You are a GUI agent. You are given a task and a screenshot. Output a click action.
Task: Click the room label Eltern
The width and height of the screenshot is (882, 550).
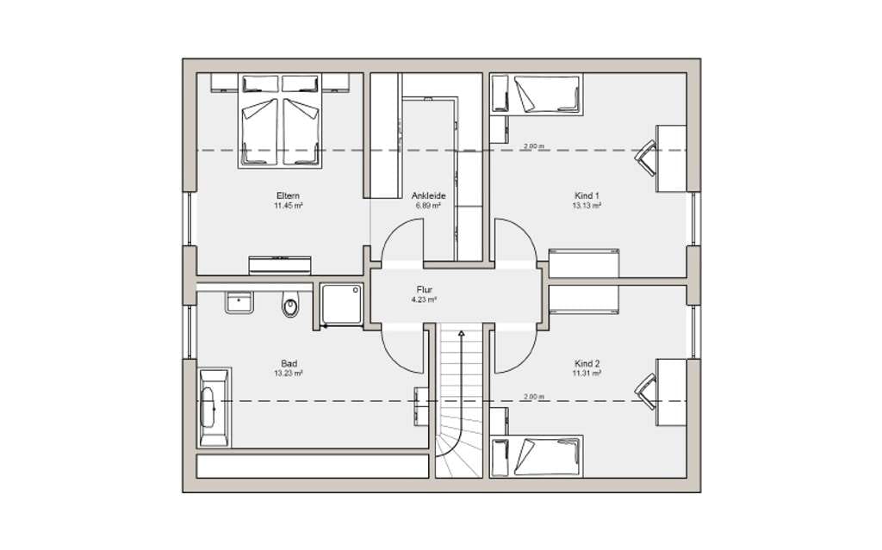(x=288, y=195)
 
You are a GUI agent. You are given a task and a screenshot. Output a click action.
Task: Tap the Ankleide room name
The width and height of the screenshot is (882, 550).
(x=429, y=195)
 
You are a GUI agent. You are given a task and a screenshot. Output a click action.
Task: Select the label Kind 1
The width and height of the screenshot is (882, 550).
(x=587, y=195)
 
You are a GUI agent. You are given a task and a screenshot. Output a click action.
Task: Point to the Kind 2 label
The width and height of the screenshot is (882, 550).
(x=587, y=363)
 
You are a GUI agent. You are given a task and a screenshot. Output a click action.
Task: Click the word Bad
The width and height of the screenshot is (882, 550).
(x=289, y=363)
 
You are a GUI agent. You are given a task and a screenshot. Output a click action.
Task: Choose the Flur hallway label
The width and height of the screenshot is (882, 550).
(x=425, y=289)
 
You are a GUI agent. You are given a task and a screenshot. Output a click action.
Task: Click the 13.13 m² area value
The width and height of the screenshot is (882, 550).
(x=587, y=206)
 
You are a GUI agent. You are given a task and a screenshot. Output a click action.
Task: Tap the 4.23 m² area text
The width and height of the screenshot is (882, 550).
(x=425, y=300)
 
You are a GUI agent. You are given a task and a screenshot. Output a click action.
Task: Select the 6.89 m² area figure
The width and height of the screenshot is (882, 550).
(x=428, y=206)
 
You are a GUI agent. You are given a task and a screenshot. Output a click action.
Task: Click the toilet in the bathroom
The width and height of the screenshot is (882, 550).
(x=290, y=304)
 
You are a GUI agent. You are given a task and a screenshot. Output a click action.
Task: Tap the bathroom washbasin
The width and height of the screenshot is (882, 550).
(x=239, y=302)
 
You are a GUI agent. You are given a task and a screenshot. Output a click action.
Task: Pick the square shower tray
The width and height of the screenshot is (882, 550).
(x=341, y=304)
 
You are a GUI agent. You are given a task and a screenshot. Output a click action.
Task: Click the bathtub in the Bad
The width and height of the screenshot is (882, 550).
(x=214, y=407)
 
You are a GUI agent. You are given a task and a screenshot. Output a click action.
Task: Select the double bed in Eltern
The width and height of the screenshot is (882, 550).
(x=280, y=121)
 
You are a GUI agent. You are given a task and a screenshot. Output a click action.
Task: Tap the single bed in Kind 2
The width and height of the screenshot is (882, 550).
(x=537, y=456)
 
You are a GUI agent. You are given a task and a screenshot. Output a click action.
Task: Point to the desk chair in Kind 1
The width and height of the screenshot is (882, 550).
(x=646, y=158)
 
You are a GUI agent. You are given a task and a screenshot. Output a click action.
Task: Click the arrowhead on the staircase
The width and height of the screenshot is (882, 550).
(x=462, y=333)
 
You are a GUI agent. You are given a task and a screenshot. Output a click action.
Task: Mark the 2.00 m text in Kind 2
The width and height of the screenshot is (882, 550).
(x=534, y=397)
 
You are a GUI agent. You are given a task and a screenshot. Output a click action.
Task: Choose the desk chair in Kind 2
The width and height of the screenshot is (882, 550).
(x=646, y=392)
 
